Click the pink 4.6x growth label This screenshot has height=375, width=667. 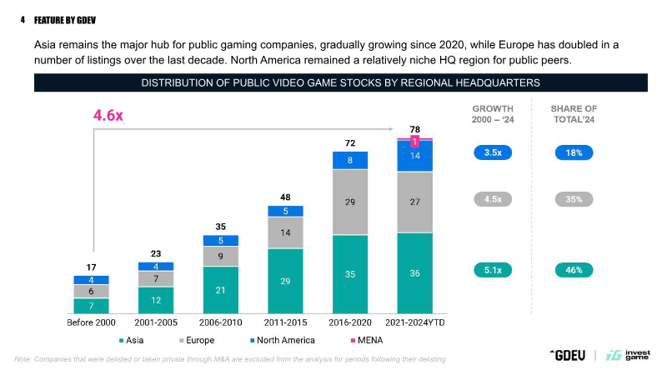tap(108, 116)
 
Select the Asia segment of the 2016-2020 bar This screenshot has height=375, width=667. tap(350, 272)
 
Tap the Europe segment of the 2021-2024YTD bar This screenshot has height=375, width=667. tap(414, 202)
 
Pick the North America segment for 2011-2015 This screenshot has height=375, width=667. tap(285, 211)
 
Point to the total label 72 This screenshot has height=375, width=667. tap(350, 143)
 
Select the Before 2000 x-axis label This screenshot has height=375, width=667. tap(91, 321)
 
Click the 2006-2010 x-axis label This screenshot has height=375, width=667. tap(220, 321)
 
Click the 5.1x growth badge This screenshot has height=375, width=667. tap(492, 270)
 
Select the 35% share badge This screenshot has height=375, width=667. tap(574, 199)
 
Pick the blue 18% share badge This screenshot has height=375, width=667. tap(574, 152)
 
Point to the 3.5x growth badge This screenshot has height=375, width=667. tap(492, 152)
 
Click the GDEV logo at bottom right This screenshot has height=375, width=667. tap(567, 355)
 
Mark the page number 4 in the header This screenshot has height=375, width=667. tap(23, 19)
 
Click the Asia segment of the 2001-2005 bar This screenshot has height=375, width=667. tap(156, 299)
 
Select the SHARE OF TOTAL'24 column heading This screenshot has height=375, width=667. tap(574, 114)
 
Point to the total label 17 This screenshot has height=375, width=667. tap(91, 267)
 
